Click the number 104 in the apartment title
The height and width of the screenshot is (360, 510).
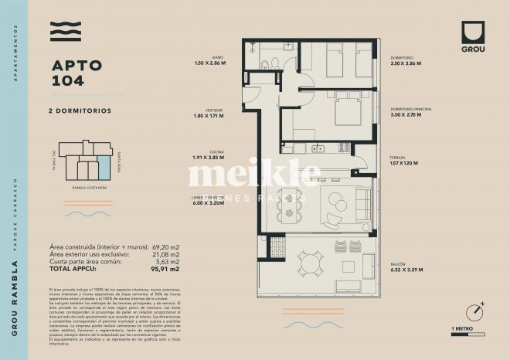(66, 80)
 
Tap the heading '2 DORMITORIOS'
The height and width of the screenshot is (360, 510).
(80, 110)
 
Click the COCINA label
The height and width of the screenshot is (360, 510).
(217, 151)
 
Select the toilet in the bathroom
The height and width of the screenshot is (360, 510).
(264, 64)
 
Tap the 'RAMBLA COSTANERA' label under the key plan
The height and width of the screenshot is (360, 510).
(81, 186)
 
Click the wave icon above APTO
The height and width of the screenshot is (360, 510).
(66, 32)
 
